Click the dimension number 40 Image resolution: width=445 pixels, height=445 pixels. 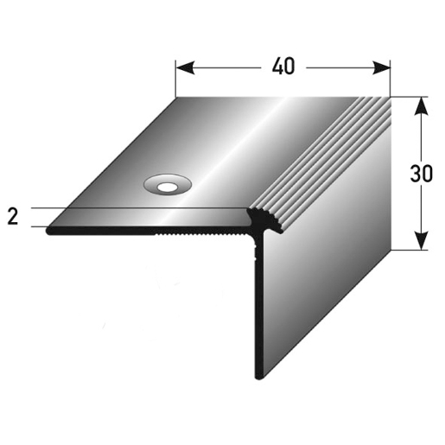[x=283, y=67]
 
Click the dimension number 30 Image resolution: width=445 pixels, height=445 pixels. [x=421, y=174]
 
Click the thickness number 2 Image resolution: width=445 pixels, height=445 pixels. [x=13, y=216]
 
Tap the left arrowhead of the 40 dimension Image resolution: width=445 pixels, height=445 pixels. [x=185, y=68]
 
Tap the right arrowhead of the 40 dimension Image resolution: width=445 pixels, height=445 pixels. [x=381, y=68]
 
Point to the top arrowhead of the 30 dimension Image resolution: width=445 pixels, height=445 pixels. [x=422, y=106]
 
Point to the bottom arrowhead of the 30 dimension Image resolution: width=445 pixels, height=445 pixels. [x=422, y=240]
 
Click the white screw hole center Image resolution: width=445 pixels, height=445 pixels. [x=168, y=188]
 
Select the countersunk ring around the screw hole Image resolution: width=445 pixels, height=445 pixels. [x=168, y=179]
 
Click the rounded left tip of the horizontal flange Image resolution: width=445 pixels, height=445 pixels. [x=49, y=232]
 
